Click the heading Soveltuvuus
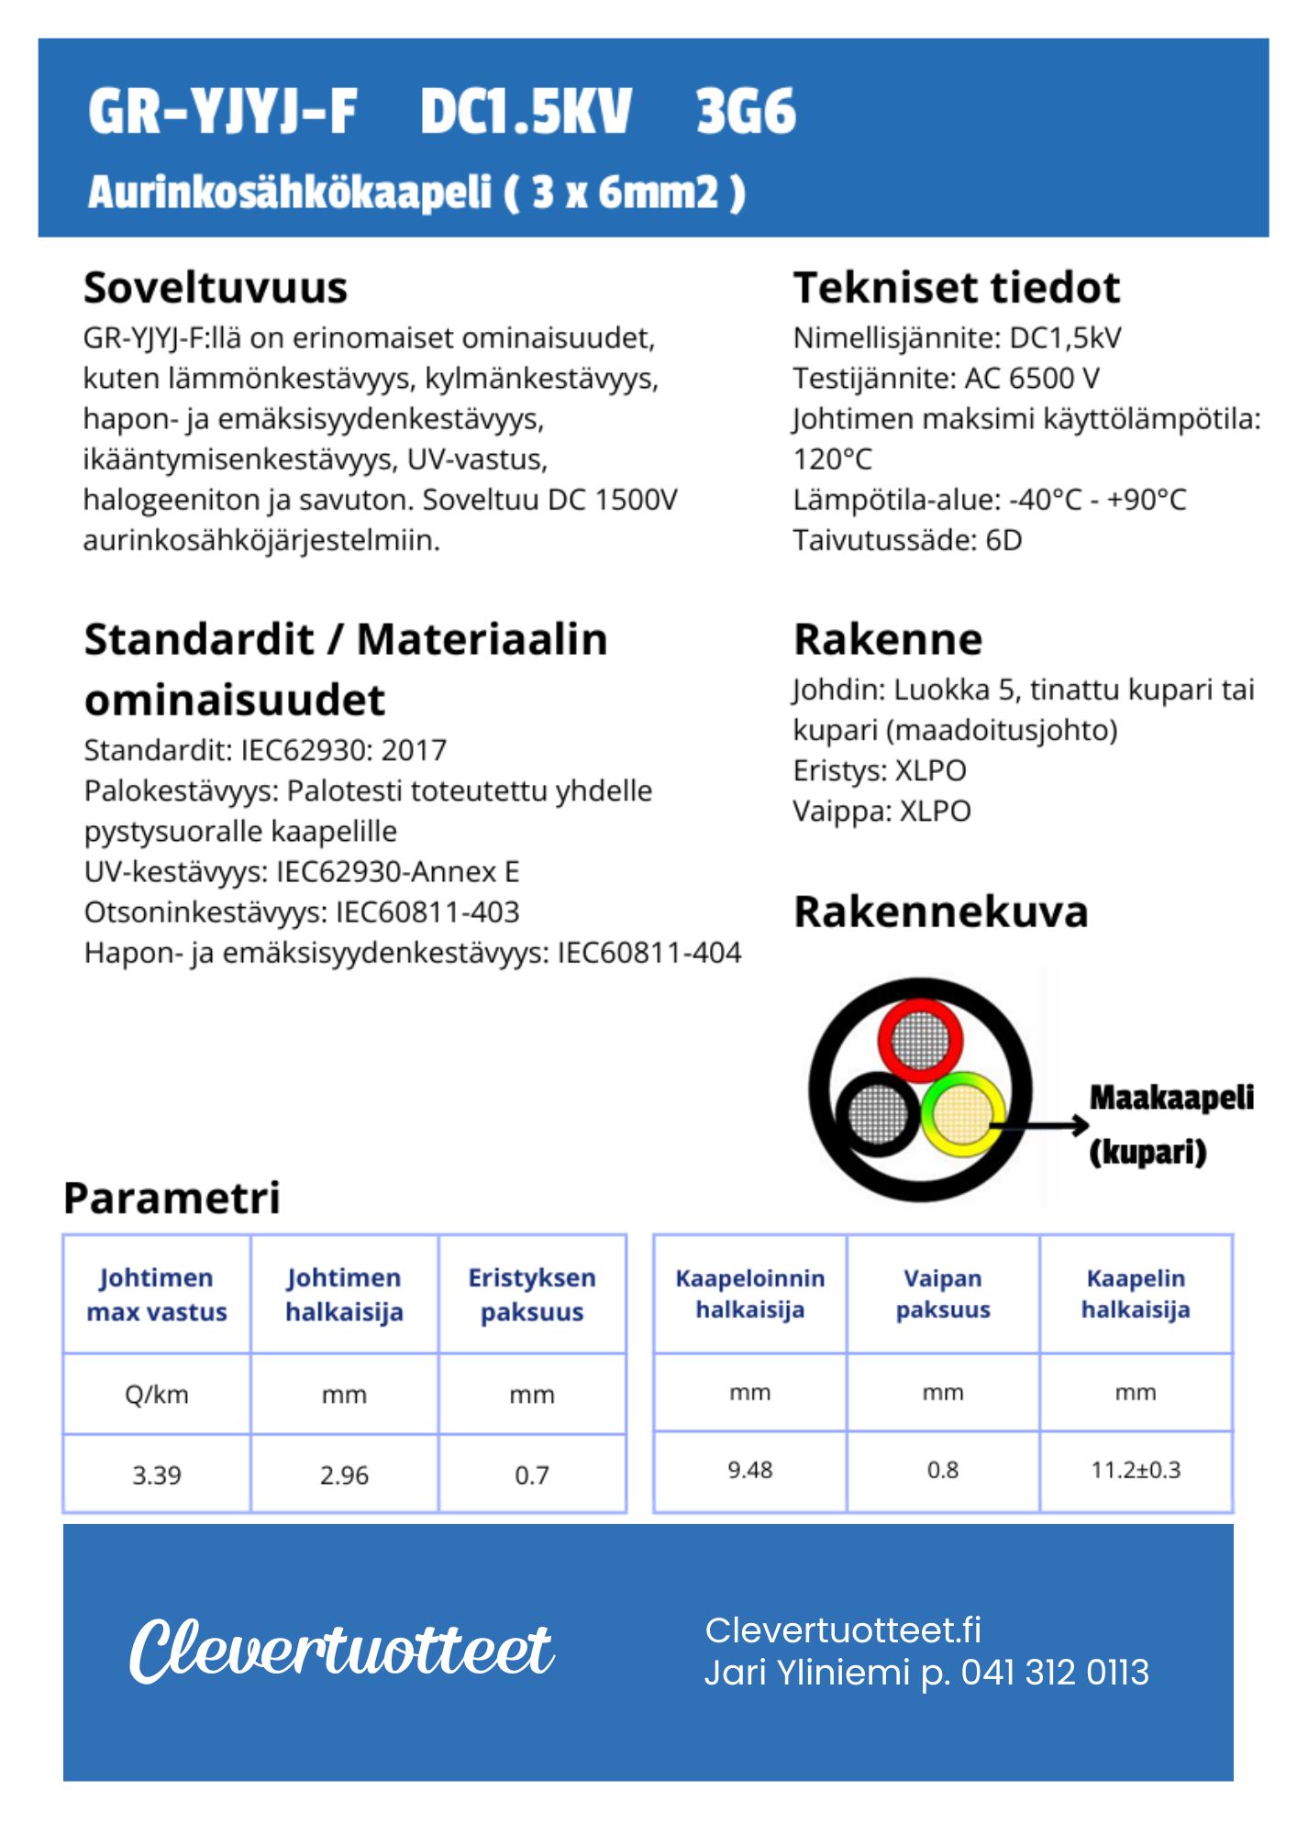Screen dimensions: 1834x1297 (215, 288)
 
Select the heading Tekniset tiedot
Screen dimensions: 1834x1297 (956, 288)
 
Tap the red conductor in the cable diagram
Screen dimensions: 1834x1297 (920, 1040)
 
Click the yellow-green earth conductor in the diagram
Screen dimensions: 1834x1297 (961, 1114)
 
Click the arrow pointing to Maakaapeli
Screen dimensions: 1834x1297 (1041, 1125)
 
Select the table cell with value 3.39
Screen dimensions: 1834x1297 (157, 1475)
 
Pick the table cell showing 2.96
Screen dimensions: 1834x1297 (344, 1475)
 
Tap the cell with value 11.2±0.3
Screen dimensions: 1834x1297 (1136, 1470)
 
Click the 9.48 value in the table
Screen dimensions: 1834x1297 (750, 1470)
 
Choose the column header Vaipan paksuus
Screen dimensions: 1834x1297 (943, 1294)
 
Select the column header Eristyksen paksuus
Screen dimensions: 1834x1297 (532, 1295)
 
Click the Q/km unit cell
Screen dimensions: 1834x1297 (157, 1395)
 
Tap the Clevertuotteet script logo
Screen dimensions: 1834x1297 (341, 1652)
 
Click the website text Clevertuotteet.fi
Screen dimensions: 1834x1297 (843, 1630)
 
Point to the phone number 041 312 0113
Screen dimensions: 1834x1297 (1055, 1673)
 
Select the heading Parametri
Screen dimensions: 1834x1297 (172, 1198)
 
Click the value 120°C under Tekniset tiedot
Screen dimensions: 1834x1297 (833, 458)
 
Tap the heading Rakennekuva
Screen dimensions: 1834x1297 (940, 911)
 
